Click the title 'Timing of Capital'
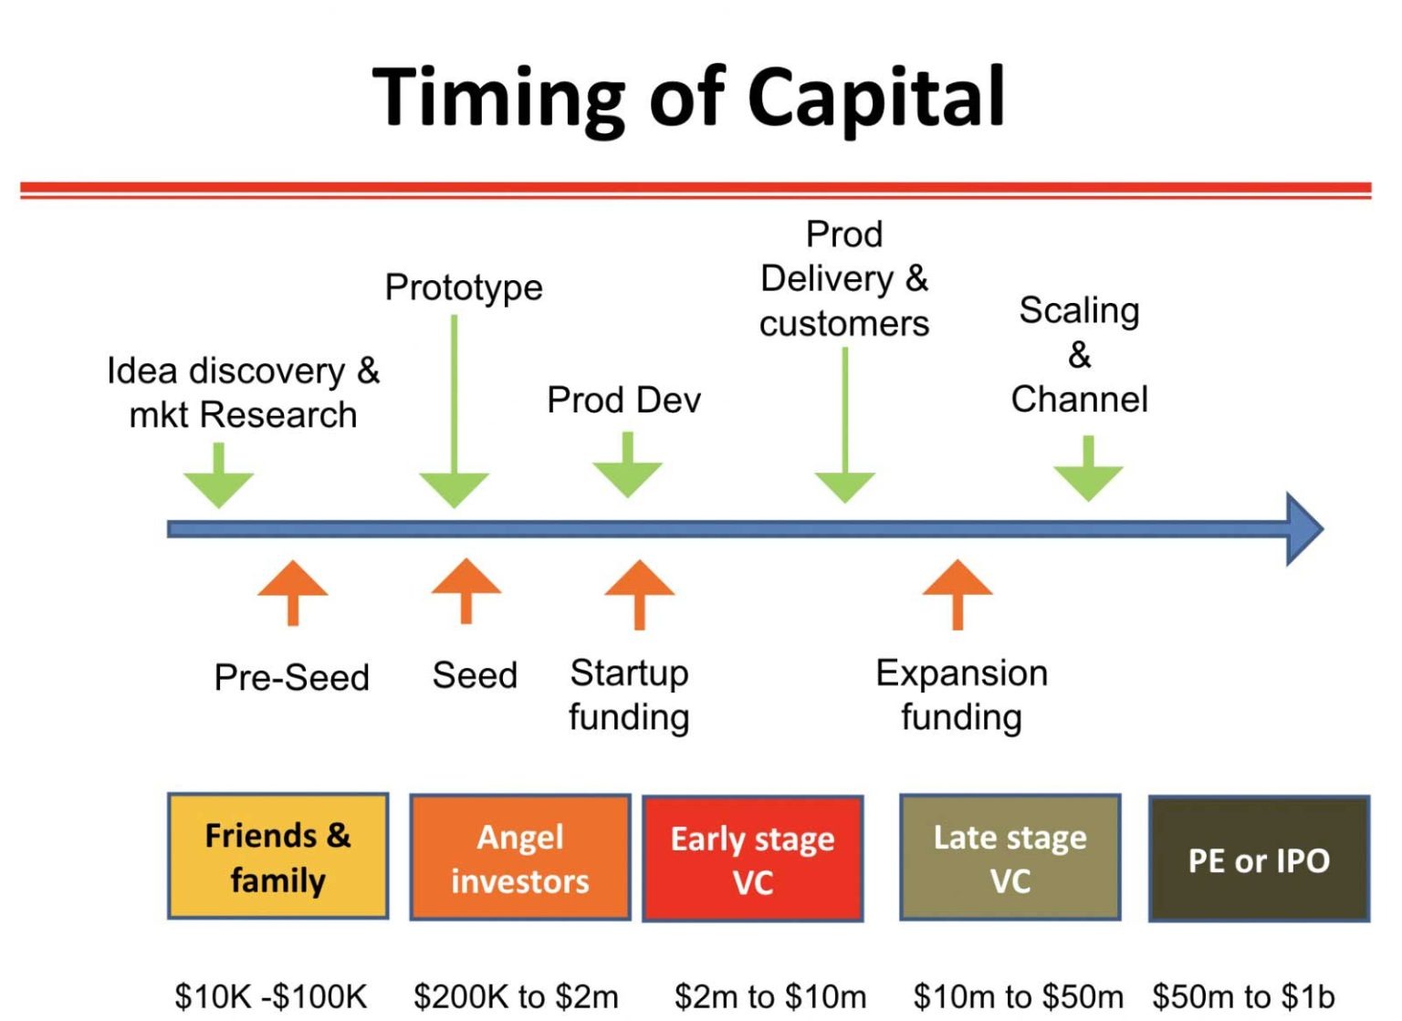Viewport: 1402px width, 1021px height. click(x=689, y=98)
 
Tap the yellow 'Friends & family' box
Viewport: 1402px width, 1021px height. click(x=278, y=857)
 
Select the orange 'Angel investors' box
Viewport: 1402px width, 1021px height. click(x=520, y=858)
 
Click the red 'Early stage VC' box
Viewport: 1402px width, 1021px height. click(x=753, y=859)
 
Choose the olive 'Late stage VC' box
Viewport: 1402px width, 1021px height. click(x=1010, y=858)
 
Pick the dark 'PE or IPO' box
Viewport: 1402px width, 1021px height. click(x=1259, y=860)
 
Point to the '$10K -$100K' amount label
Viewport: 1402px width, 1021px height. click(x=271, y=996)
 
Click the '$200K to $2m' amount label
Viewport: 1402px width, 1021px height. click(x=516, y=996)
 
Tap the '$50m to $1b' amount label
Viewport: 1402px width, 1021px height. click(x=1243, y=996)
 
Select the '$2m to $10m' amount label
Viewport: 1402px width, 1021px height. click(x=770, y=996)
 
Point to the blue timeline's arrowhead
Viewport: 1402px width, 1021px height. click(x=1303, y=529)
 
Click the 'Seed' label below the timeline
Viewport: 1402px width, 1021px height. click(x=475, y=676)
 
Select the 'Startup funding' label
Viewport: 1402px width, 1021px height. click(x=629, y=695)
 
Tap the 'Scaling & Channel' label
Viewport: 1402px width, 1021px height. click(x=1079, y=355)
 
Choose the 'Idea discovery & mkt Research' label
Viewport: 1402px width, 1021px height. click(x=243, y=392)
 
